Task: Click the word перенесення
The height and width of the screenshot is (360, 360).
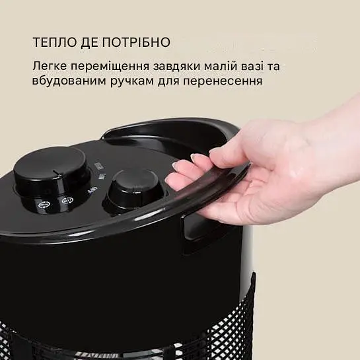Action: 224,83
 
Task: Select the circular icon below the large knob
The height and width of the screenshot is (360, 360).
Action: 65,201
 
